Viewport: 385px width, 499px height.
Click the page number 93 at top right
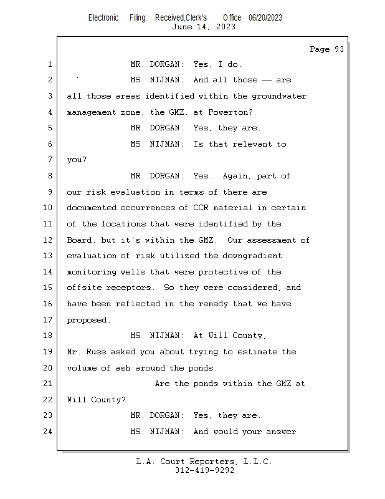339,49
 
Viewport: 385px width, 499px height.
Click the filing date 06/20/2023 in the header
265,18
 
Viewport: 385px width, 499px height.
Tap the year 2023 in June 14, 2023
226,27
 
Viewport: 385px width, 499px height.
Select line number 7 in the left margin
50,160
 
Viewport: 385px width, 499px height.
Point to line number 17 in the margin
47,319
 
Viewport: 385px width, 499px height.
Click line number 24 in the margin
47,432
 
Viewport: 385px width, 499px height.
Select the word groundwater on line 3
279,97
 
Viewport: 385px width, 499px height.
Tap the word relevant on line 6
252,144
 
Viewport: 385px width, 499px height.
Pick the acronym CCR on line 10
201,208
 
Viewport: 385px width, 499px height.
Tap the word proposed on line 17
87,320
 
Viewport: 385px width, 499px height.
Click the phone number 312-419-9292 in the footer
205,470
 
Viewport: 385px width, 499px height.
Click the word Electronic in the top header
103,18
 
